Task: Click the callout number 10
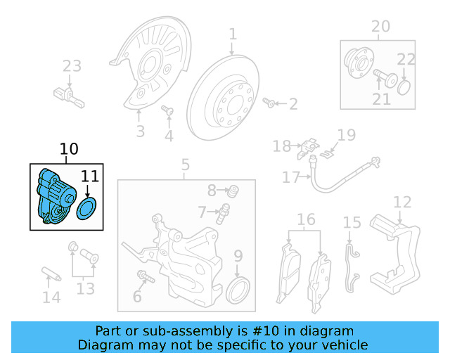click(70, 149)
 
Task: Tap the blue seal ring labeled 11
click(87, 209)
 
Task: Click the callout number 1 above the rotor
click(233, 34)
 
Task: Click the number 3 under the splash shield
click(140, 131)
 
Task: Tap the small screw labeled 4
click(167, 110)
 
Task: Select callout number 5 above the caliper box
click(185, 165)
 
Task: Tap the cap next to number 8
click(235, 190)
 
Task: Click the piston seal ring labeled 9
click(240, 289)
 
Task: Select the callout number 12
click(401, 202)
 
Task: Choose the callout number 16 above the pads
click(306, 220)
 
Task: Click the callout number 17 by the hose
click(291, 178)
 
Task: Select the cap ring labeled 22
click(404, 88)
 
